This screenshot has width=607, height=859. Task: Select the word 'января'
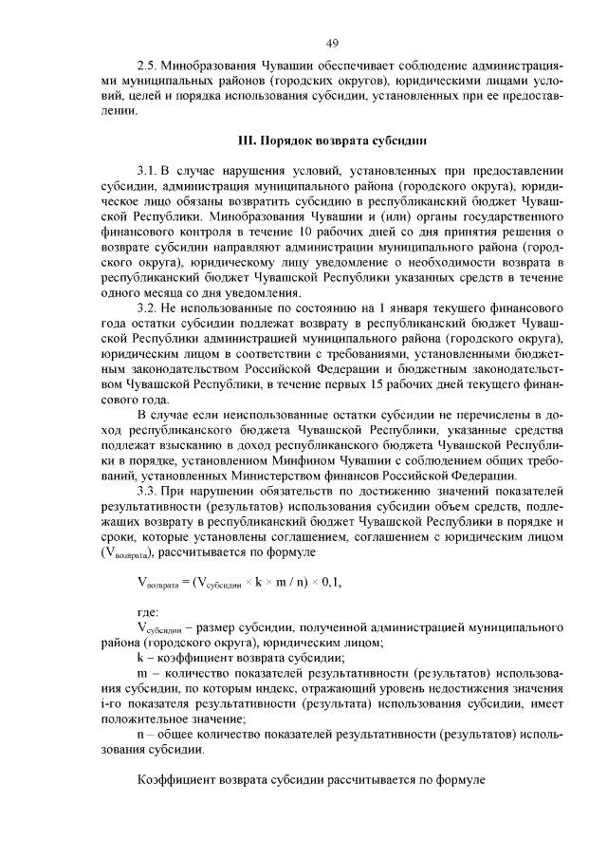tap(414, 309)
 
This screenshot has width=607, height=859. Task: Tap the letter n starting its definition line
tap(140, 734)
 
